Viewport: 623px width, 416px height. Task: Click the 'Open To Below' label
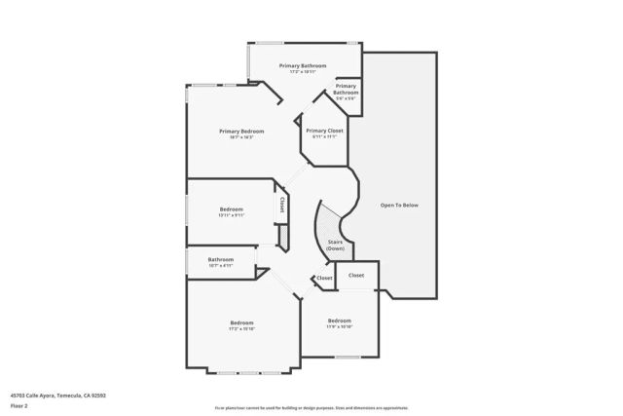click(x=398, y=205)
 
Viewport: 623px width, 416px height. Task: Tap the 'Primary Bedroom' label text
click(x=241, y=131)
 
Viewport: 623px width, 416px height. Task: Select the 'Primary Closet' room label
click(x=323, y=131)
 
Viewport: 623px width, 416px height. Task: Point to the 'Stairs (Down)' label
click(x=335, y=246)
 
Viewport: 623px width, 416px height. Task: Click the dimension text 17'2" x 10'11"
click(x=302, y=71)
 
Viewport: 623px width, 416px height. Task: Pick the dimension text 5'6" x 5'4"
click(x=346, y=97)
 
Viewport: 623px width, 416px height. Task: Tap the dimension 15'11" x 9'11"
click(x=231, y=215)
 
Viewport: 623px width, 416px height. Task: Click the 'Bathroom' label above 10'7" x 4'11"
click(x=220, y=259)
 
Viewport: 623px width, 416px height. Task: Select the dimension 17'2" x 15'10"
click(x=241, y=328)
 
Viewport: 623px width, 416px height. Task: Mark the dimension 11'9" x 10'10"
click(x=339, y=326)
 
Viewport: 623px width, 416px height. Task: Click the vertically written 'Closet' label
click(x=281, y=205)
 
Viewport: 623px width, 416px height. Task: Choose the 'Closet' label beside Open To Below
click(x=356, y=275)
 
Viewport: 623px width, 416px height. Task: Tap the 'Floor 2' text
click(x=19, y=405)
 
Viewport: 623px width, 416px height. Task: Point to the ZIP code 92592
click(x=98, y=396)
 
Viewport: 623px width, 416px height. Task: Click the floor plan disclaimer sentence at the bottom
click(x=311, y=407)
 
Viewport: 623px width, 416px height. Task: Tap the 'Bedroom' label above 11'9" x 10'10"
click(x=339, y=321)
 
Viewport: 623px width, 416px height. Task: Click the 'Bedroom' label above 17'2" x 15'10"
click(x=241, y=322)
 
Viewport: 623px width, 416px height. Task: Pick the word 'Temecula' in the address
click(x=65, y=396)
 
